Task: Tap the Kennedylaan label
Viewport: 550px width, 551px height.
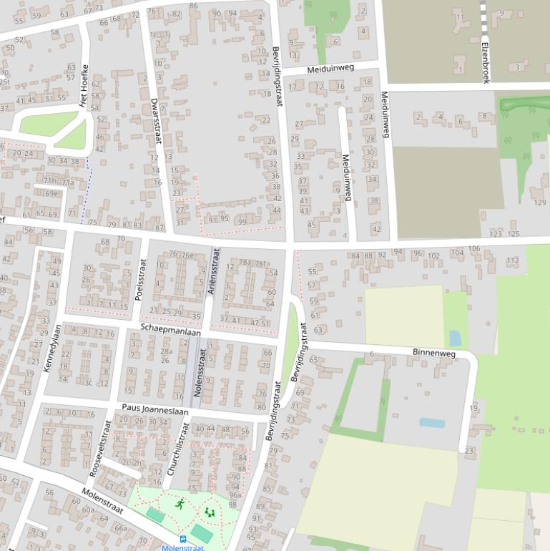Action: coord(48,348)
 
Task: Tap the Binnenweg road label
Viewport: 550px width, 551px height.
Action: coord(434,353)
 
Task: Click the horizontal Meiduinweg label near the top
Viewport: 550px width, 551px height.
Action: coord(330,69)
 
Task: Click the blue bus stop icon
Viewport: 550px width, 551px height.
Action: coord(183,539)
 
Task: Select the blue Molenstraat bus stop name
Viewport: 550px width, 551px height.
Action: coord(182,548)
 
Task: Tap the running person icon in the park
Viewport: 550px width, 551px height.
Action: coord(180,504)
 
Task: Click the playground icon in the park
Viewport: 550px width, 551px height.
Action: coord(210,512)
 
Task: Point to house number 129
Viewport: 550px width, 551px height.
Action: coord(540,203)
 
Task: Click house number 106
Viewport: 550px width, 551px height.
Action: coord(474,248)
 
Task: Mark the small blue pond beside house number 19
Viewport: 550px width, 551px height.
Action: coord(431,423)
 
